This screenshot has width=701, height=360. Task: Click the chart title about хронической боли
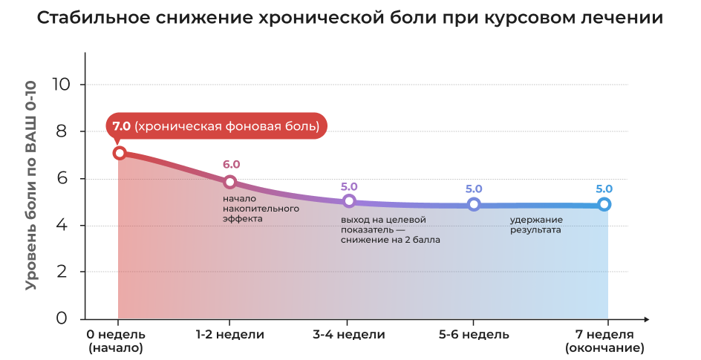tap(350, 18)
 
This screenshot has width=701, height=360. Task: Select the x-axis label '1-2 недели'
tap(230, 335)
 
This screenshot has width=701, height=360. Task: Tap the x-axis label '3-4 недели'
tap(349, 335)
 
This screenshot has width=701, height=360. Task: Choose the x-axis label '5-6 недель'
tap(474, 335)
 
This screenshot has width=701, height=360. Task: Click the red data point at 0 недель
tap(119, 154)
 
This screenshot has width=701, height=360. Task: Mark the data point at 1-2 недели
tap(230, 182)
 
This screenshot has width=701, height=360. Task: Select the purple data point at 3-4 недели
tap(350, 201)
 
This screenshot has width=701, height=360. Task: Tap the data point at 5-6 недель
tap(474, 204)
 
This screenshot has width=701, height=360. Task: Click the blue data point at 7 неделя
tap(604, 204)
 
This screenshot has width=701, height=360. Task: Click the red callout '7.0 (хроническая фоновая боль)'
tap(216, 126)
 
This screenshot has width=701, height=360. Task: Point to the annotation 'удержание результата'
tap(535, 225)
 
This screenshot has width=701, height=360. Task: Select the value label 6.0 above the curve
tap(232, 165)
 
